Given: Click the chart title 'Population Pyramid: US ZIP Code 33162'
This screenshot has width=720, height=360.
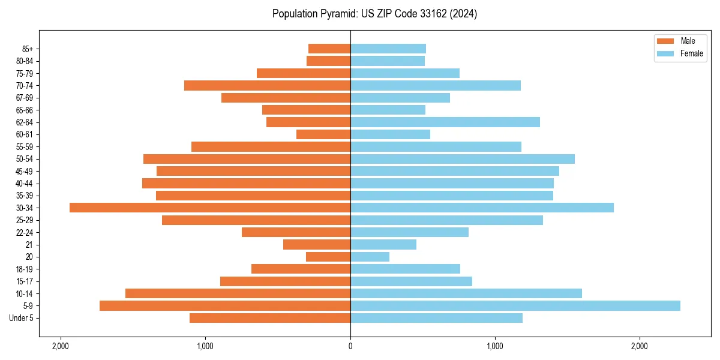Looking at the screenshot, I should click(374, 14).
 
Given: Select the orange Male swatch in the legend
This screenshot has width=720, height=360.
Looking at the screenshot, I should click(665, 41).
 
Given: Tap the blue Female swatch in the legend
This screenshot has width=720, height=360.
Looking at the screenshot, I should click(665, 53).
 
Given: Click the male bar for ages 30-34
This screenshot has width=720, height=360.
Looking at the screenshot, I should click(210, 208).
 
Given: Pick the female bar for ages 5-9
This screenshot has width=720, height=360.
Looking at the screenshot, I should click(515, 305).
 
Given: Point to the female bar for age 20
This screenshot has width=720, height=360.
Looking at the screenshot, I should click(370, 257).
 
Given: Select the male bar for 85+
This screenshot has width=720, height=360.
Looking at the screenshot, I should click(329, 49).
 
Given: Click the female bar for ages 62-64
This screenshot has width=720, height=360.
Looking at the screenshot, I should click(445, 122).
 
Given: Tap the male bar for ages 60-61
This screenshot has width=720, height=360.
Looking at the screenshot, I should click(323, 134).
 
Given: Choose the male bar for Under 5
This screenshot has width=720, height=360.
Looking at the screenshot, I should click(270, 318).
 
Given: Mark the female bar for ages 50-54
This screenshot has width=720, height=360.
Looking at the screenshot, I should click(462, 159).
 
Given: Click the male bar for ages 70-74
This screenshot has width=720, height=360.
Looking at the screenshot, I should click(267, 85).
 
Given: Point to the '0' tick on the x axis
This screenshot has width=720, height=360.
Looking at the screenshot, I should click(350, 346).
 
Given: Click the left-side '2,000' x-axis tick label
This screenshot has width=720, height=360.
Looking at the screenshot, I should click(61, 346).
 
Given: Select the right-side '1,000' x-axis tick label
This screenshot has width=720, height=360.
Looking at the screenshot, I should click(495, 346).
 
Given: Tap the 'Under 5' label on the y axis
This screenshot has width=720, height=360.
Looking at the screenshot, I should click(21, 318).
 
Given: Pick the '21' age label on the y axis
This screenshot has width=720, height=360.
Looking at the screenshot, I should click(29, 245).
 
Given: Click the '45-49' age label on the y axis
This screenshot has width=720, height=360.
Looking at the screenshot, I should click(25, 171).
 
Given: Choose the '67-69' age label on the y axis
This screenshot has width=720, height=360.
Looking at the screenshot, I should click(25, 98).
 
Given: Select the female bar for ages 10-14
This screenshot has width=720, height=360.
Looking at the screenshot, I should click(466, 293).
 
